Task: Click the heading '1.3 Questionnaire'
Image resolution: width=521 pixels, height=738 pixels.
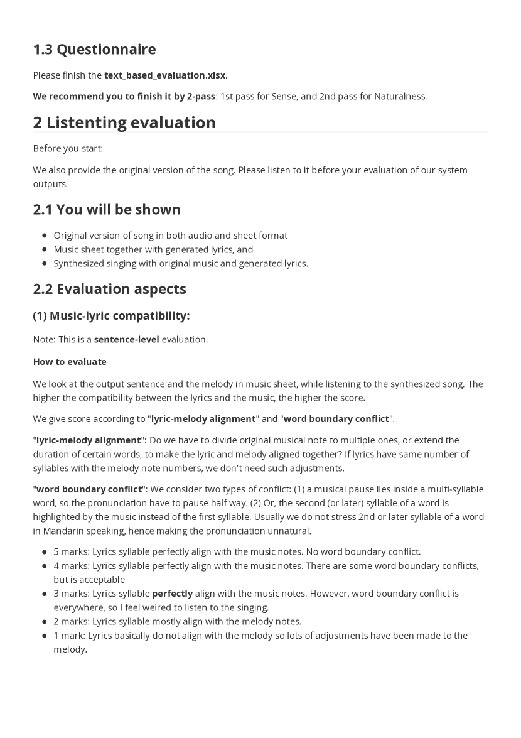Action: [94, 49]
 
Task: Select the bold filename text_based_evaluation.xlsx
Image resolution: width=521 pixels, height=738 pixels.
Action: [164, 75]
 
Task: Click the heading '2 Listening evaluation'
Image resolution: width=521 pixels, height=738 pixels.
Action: [124, 122]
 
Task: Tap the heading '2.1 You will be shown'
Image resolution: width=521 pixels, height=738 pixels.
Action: [107, 209]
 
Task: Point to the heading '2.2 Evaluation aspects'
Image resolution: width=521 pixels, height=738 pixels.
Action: [109, 289]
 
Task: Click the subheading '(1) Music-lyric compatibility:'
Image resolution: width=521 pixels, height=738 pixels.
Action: [111, 315]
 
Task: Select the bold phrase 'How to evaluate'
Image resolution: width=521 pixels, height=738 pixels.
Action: [70, 362]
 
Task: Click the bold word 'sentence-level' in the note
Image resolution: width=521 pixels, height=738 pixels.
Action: [126, 339]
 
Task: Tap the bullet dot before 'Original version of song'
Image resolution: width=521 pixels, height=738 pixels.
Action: [45, 236]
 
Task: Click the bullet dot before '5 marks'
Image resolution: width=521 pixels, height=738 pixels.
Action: [45, 552]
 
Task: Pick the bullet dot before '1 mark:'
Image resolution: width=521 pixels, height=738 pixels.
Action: [45, 636]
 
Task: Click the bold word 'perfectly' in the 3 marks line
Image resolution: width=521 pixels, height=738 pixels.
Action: [172, 594]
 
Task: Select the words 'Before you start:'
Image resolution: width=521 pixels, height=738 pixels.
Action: [68, 148]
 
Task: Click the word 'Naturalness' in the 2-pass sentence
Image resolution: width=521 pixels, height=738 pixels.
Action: [399, 96]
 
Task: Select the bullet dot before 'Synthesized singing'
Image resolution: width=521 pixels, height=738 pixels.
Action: [45, 264]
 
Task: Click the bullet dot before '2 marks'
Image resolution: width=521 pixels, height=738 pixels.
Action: [45, 622]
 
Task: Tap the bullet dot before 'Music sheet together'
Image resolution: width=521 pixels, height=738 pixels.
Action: [45, 250]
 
